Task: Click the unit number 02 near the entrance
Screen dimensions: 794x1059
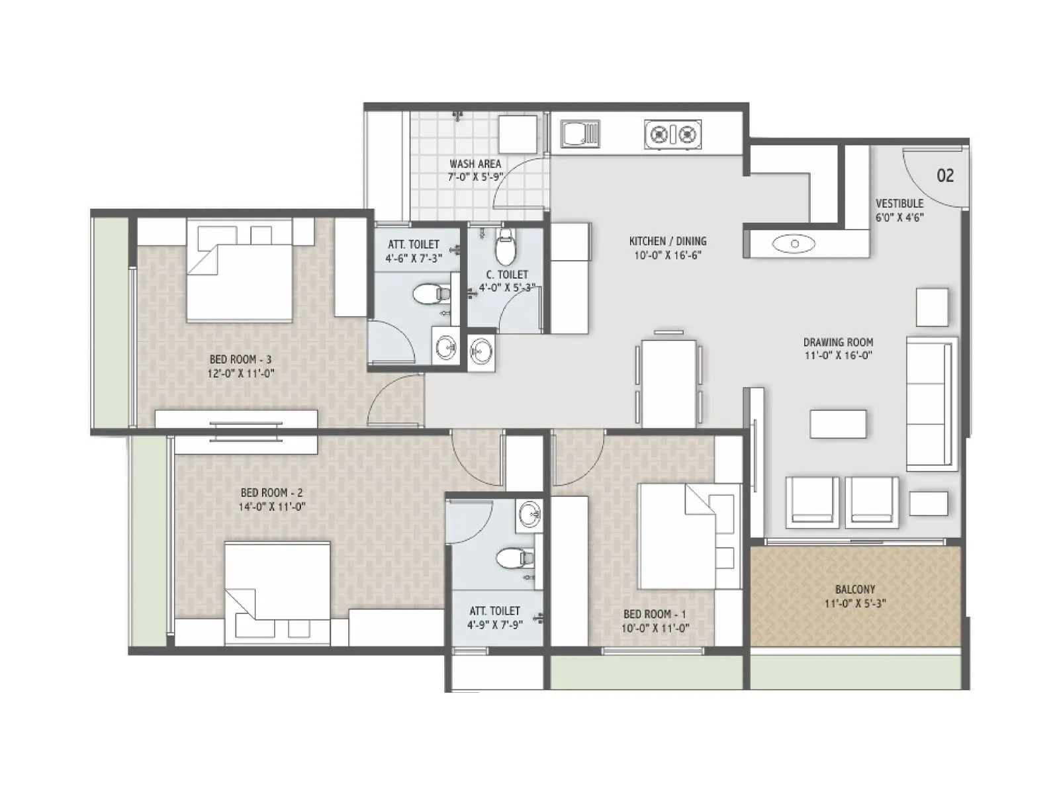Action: pyautogui.click(x=945, y=175)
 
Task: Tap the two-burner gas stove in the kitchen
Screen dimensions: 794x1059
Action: pyautogui.click(x=672, y=134)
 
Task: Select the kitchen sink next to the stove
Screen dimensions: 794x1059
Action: pyautogui.click(x=580, y=134)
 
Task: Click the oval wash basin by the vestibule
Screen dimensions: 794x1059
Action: pyautogui.click(x=794, y=244)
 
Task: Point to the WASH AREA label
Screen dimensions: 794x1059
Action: pyautogui.click(x=475, y=163)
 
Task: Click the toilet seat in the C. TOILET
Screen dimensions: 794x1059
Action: pyautogui.click(x=506, y=248)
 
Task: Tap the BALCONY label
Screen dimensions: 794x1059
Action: pyautogui.click(x=855, y=589)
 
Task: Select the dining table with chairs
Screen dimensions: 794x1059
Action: pyautogui.click(x=669, y=382)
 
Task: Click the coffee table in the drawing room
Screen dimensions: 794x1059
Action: pyautogui.click(x=838, y=423)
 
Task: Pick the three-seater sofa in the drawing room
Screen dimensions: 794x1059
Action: pyautogui.click(x=931, y=404)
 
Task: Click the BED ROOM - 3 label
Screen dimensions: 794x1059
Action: pyautogui.click(x=240, y=359)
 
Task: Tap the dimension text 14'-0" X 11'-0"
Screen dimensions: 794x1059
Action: pyautogui.click(x=272, y=507)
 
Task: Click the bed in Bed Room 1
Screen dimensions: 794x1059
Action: pyautogui.click(x=682, y=536)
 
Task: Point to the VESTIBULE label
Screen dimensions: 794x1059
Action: pyautogui.click(x=899, y=203)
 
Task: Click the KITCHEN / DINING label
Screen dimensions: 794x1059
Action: pyautogui.click(x=667, y=241)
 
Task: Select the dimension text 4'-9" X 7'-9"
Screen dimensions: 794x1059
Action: pyautogui.click(x=494, y=625)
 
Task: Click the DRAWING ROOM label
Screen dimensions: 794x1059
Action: pyautogui.click(x=838, y=342)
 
